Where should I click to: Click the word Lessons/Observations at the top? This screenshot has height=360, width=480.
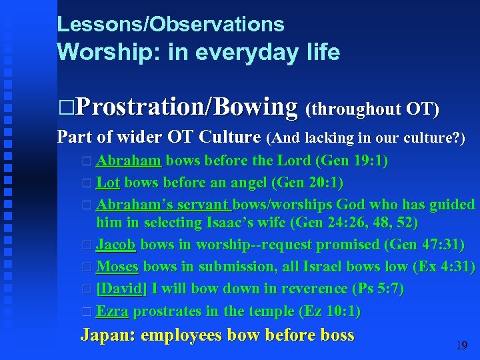tap(171, 25)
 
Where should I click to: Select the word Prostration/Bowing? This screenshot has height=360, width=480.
tap(187, 106)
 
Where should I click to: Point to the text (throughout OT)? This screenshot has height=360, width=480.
tap(371, 109)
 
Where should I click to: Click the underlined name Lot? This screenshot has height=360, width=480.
tap(108, 182)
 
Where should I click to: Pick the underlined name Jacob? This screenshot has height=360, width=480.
tap(116, 245)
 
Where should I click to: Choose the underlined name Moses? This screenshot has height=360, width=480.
tap(117, 267)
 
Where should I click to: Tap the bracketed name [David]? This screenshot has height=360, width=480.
tap(121, 289)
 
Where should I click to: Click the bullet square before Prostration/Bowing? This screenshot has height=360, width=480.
tap(65, 107)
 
